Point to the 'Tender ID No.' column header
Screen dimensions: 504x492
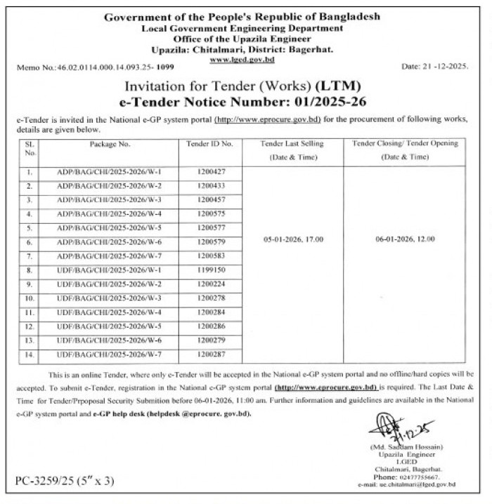(209, 144)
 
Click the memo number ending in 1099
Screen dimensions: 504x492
(165, 67)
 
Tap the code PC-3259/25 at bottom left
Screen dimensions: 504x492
(64, 482)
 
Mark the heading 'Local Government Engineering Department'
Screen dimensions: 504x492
(242, 29)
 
